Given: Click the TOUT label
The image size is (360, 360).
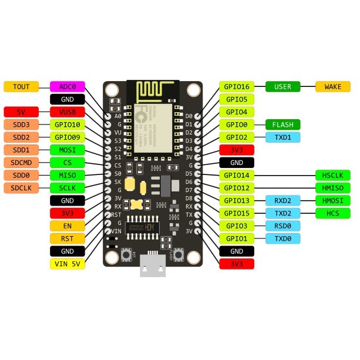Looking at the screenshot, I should [21, 86].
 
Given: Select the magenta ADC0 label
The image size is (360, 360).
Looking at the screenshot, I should [68, 86].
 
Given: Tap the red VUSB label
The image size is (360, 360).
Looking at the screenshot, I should [68, 112].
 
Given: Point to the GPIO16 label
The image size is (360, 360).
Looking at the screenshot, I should [237, 86].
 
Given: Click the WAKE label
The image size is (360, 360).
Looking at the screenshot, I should [333, 86].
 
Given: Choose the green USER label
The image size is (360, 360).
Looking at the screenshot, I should [283, 86].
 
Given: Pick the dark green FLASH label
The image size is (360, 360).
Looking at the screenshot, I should [283, 125].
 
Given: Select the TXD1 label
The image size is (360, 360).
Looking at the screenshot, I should [283, 137].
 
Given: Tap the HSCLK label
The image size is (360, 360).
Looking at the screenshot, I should [333, 175].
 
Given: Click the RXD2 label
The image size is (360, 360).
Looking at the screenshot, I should [283, 200].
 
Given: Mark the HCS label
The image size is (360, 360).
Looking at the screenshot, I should [333, 213].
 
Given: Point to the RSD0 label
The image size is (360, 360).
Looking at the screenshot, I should [283, 226].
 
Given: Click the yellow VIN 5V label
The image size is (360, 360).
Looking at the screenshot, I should [68, 263].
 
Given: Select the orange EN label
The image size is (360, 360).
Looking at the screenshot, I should [68, 226].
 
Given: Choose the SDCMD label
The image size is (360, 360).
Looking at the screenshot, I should [21, 162].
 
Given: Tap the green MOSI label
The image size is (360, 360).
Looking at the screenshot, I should [68, 150].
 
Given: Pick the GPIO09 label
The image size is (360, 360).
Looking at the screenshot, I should [68, 137].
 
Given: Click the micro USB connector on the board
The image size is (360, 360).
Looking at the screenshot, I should [153, 267].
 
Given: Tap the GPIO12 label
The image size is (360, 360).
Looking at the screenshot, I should [237, 187].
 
